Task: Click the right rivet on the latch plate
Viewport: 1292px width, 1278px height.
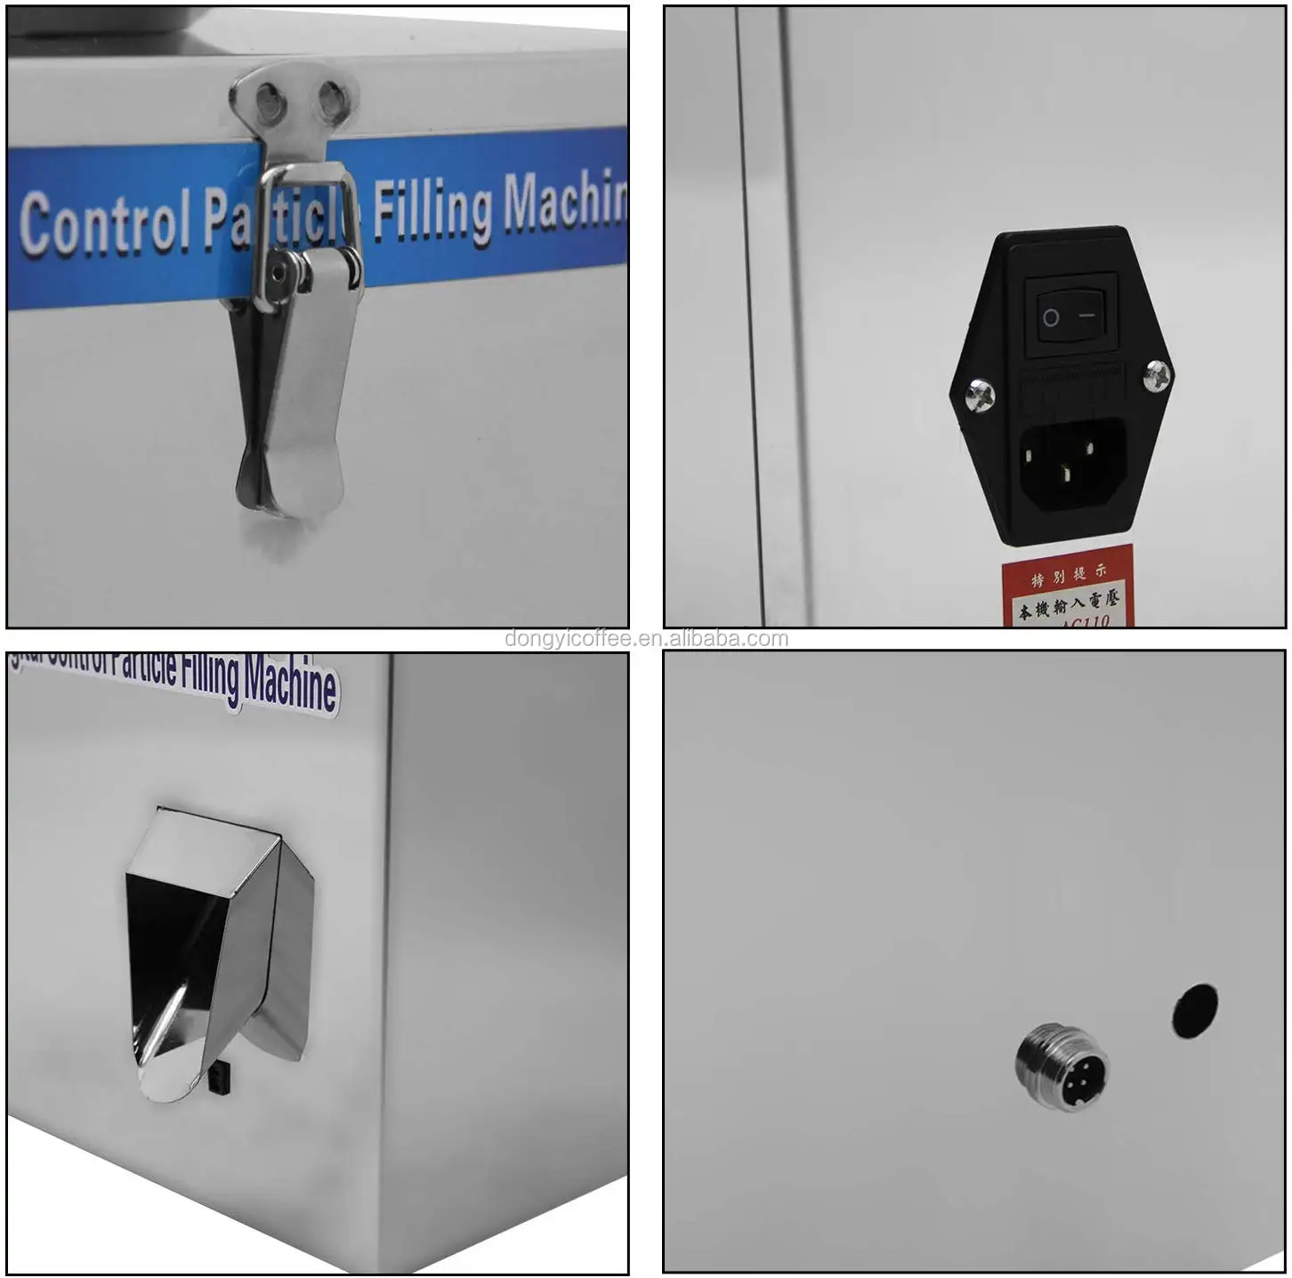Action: pos(330,100)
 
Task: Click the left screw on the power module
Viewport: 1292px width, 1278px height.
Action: pos(979,394)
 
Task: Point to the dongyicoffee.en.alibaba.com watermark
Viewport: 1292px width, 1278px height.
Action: pos(646,639)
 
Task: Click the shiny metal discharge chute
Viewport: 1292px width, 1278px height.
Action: pos(218,952)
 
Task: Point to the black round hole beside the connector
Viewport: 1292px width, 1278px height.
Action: pos(1194,1011)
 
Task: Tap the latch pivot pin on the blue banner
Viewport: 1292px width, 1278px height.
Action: pos(284,271)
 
